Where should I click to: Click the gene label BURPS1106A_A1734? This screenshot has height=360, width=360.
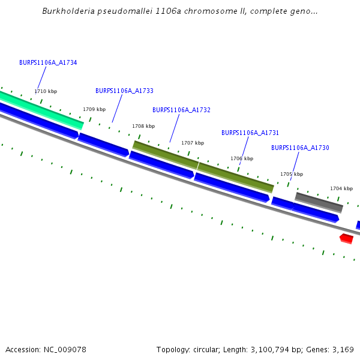(x=48, y=62)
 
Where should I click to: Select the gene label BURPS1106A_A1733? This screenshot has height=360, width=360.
(x=124, y=91)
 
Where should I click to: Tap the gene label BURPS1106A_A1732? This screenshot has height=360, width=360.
(x=181, y=110)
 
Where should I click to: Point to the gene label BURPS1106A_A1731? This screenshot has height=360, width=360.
(x=250, y=133)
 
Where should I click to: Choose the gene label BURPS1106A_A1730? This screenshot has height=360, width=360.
(x=300, y=148)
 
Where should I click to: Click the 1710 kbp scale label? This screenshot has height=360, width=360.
(x=46, y=91)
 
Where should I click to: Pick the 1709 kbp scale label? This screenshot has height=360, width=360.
(x=94, y=109)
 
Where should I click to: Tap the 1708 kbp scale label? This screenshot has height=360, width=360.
(x=143, y=126)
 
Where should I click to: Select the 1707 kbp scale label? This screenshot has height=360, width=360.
(x=193, y=143)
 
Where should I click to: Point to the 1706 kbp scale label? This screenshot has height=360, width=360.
(x=242, y=158)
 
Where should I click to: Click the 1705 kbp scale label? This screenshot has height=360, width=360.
(x=292, y=174)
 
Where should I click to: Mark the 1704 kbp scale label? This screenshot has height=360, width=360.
(x=341, y=188)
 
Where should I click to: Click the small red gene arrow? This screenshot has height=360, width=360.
(x=346, y=238)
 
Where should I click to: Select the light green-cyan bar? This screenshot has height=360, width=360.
(x=42, y=109)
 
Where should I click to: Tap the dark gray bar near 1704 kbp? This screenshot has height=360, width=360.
(x=319, y=202)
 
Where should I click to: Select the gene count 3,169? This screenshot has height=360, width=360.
(x=343, y=349)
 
